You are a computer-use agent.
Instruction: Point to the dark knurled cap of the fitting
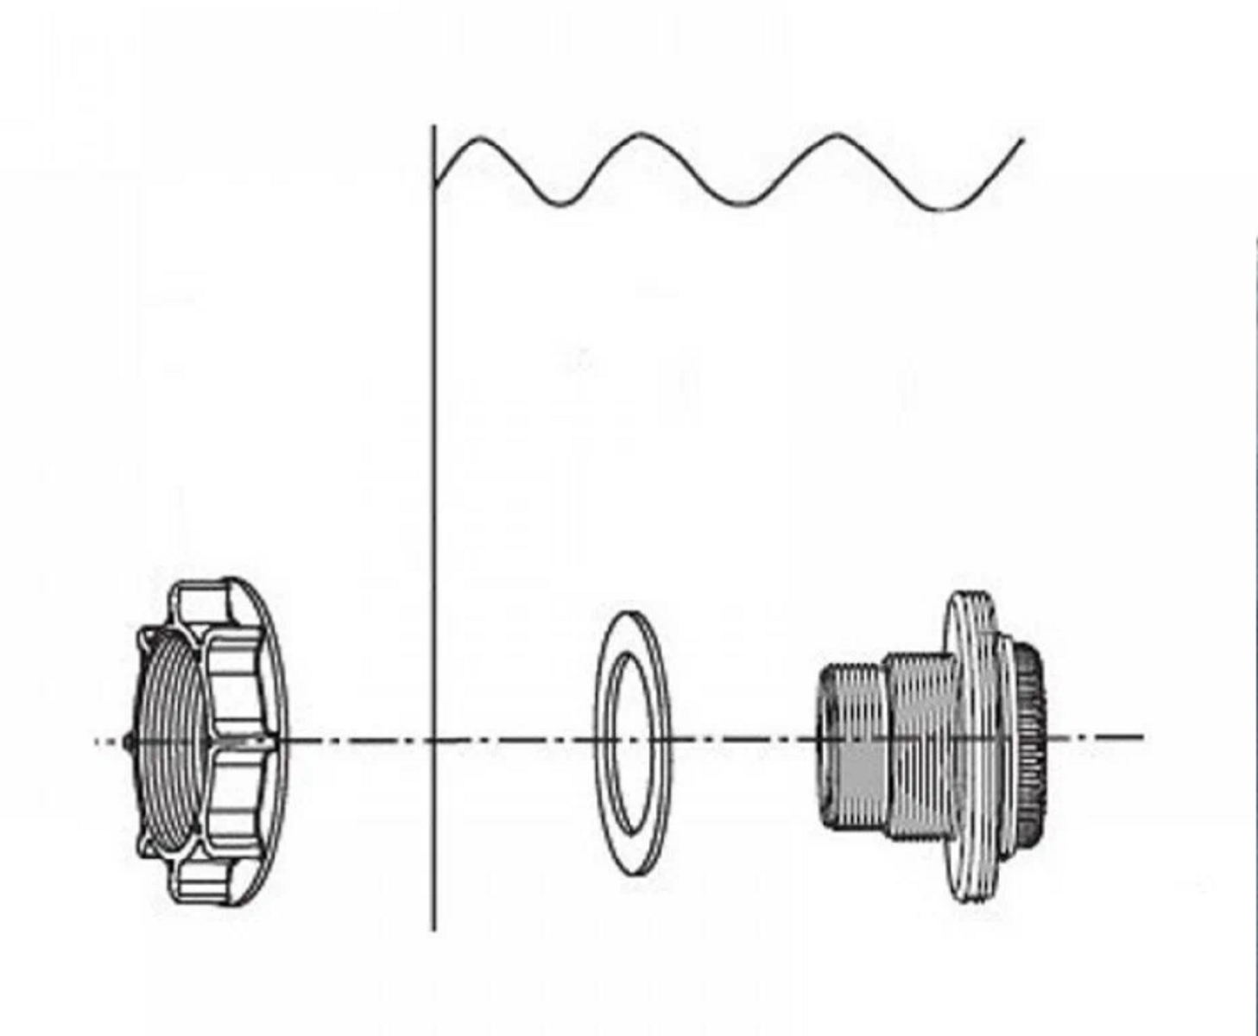(1029, 742)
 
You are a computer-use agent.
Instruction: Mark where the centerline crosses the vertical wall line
(434, 740)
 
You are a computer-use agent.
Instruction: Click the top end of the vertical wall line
(434, 127)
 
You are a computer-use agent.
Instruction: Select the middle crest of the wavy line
(641, 135)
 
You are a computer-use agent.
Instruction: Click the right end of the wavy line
(1023, 139)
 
